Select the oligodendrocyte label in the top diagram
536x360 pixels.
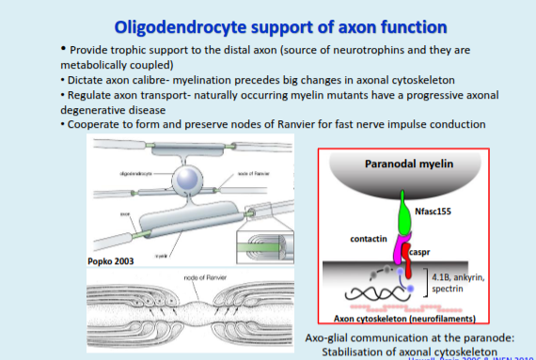click(137, 174)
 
